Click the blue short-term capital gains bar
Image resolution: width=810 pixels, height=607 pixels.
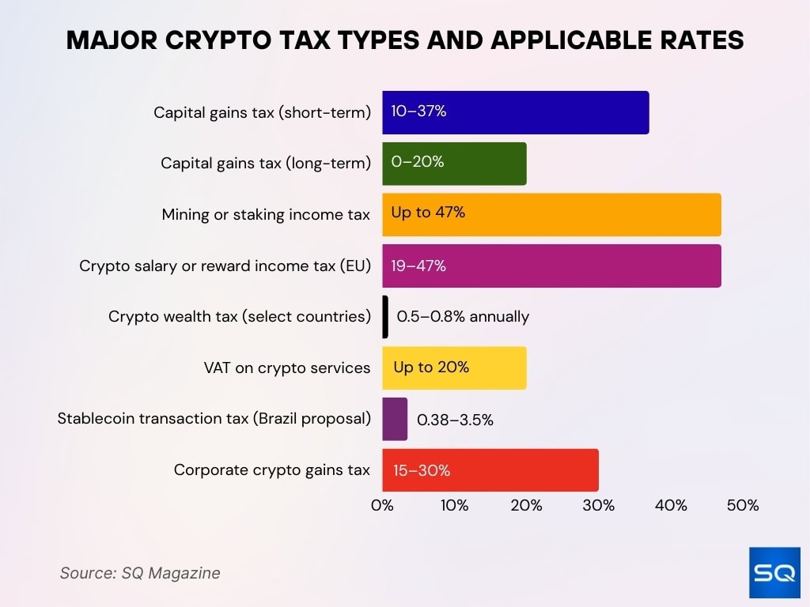pyautogui.click(x=515, y=112)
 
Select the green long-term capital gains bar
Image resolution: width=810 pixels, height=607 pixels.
pyautogui.click(x=454, y=164)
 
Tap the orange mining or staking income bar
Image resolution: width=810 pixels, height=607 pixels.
pyautogui.click(x=551, y=214)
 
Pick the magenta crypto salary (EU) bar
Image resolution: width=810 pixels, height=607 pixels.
pyautogui.click(x=551, y=266)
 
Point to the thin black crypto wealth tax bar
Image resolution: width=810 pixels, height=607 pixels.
pyautogui.click(x=385, y=317)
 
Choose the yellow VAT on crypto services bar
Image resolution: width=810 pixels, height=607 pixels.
pyautogui.click(x=454, y=368)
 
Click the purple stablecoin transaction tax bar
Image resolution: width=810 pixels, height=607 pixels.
pyautogui.click(x=395, y=419)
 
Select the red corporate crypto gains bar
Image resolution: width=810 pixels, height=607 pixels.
pyautogui.click(x=490, y=470)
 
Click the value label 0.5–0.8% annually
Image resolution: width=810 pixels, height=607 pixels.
pyautogui.click(x=463, y=317)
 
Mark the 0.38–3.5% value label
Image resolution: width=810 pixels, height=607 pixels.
pyautogui.click(x=455, y=420)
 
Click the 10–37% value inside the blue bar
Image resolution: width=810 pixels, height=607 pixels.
pyautogui.click(x=418, y=111)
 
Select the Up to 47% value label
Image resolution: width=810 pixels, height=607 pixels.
pyautogui.click(x=428, y=213)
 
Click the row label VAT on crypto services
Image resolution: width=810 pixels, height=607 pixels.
pyautogui.click(x=286, y=368)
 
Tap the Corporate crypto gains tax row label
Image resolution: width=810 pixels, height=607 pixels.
pyautogui.click(x=271, y=470)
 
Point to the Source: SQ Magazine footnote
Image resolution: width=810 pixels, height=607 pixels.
pyautogui.click(x=140, y=573)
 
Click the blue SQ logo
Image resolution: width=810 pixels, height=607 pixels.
pyautogui.click(x=774, y=572)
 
